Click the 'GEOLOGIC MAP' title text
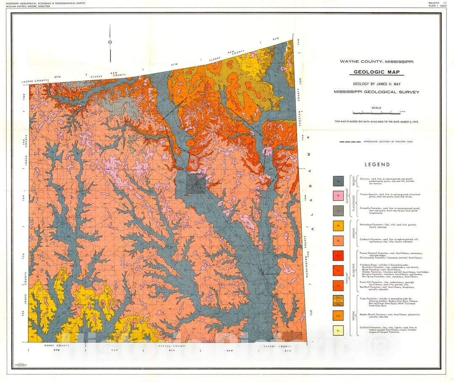click(x=376, y=72)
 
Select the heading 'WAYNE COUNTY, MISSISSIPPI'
click(x=376, y=61)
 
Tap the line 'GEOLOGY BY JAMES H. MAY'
click(x=376, y=84)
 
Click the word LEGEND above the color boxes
click(x=377, y=165)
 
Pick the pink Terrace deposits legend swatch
click(x=338, y=196)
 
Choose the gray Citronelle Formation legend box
click(x=338, y=211)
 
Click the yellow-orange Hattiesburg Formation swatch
click(x=338, y=226)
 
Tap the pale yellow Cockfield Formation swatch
click(x=338, y=331)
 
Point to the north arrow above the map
click(x=110, y=41)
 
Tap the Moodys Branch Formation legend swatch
click(x=338, y=315)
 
